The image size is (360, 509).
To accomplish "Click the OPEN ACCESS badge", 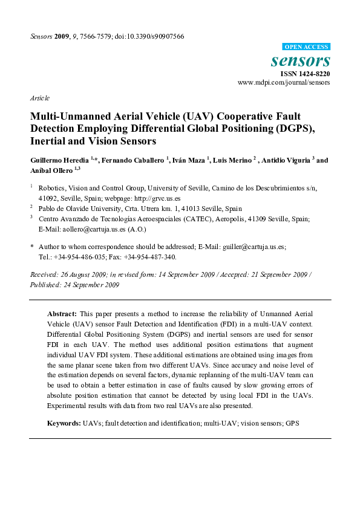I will point(306,47).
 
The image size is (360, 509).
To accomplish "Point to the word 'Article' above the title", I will point(39,98).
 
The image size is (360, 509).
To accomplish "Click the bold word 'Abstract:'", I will point(62,316).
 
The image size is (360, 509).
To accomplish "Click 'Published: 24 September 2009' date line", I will point(74,285).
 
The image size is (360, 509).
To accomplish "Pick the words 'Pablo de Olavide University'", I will point(78,207).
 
